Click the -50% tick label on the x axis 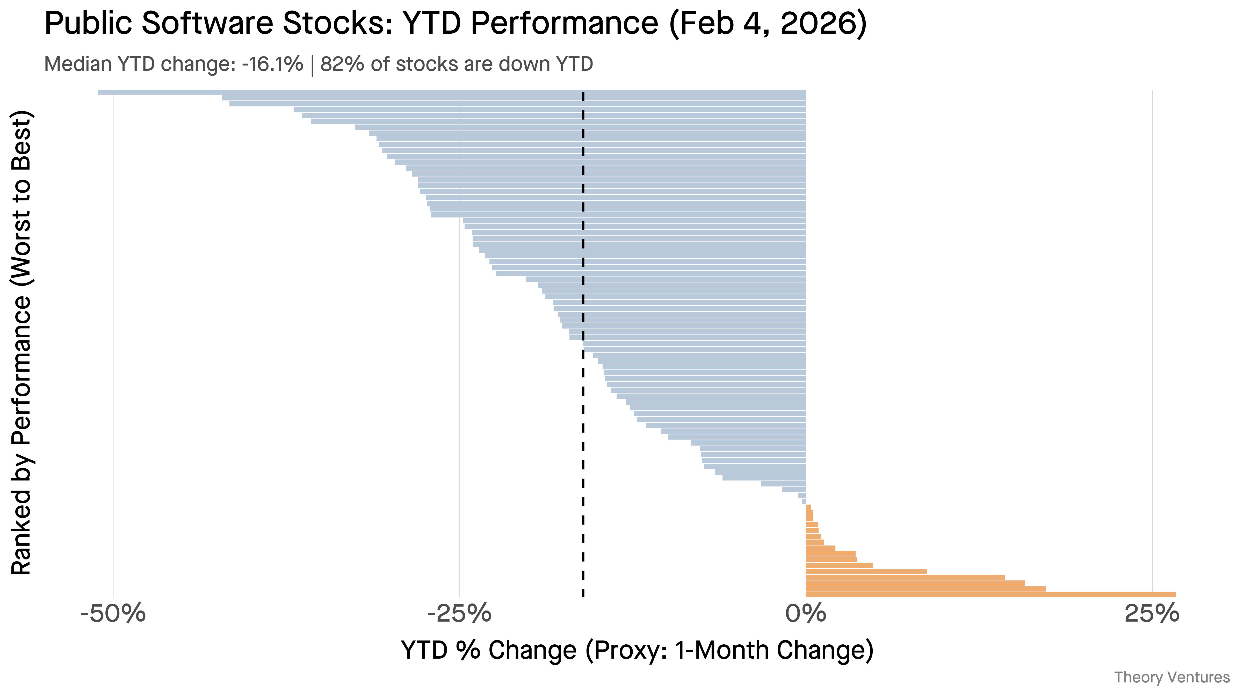113,614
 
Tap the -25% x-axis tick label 459,614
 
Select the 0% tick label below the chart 806,614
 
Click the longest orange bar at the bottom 991,594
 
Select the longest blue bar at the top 452,92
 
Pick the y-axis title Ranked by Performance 21,343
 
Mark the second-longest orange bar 926,588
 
